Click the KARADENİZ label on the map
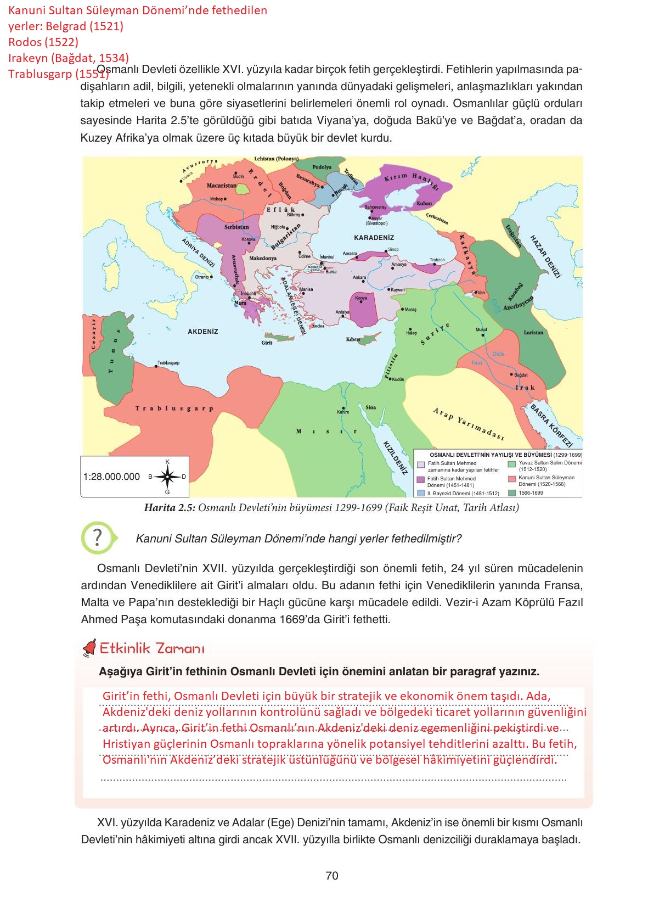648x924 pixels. click(374, 238)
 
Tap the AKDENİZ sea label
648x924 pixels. click(203, 332)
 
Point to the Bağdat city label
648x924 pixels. click(521, 374)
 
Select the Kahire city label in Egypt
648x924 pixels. click(343, 412)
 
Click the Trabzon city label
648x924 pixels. click(437, 260)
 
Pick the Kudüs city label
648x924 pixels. click(398, 379)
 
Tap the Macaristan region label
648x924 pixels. click(222, 186)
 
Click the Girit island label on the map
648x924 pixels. click(267, 343)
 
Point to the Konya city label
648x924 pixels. click(361, 298)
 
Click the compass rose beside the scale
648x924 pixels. click(167, 477)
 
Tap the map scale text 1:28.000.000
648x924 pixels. click(111, 477)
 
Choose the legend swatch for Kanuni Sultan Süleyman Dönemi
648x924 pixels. click(511, 478)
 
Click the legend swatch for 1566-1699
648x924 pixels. click(511, 492)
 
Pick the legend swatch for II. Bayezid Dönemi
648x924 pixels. click(421, 493)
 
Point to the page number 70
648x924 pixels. click(331, 875)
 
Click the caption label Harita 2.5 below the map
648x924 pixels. click(169, 507)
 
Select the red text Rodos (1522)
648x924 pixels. click(43, 42)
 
